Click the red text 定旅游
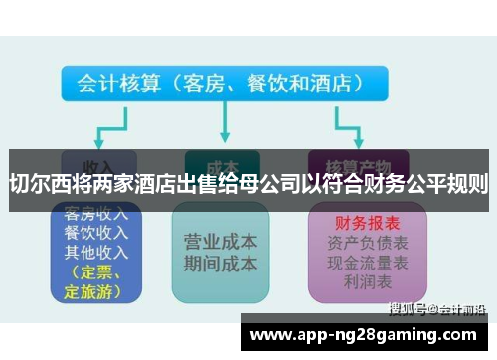[x=92, y=292]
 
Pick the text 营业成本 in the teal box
[x=221, y=243]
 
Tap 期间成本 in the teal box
[x=221, y=265]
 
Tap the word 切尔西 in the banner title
[x=38, y=183]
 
